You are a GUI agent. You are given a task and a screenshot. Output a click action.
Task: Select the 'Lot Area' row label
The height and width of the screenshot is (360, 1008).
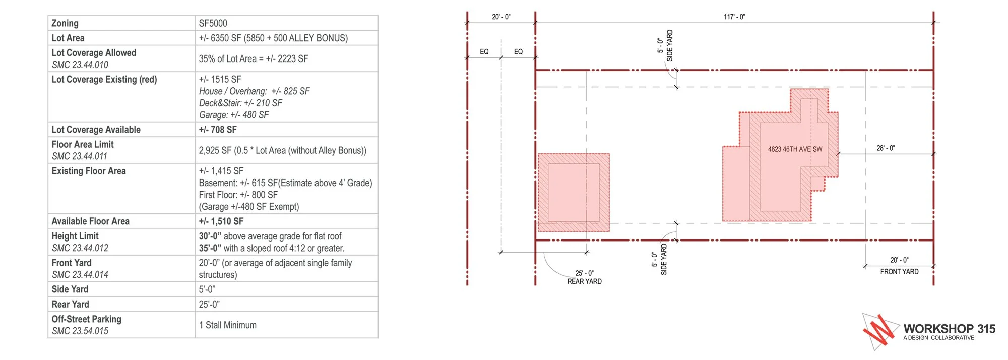(x=68, y=38)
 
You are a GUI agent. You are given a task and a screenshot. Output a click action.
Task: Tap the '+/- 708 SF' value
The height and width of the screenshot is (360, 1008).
(x=218, y=130)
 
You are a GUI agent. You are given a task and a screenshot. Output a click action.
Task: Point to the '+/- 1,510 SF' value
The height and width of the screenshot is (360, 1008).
(x=221, y=221)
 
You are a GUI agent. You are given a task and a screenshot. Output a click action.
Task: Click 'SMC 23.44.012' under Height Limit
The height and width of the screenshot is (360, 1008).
(x=80, y=248)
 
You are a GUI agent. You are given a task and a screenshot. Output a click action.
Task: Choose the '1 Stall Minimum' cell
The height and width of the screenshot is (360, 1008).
(x=227, y=325)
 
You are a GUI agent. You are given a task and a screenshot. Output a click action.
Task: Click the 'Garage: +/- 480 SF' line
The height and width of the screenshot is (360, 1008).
(x=234, y=115)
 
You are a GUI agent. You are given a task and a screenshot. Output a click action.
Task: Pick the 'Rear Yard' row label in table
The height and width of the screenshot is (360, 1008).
(x=70, y=304)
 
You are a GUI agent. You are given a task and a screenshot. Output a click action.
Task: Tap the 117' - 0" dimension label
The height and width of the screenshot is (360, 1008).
(x=734, y=17)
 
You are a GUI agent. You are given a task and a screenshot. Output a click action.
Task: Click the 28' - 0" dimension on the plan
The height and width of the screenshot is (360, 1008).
(x=886, y=148)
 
